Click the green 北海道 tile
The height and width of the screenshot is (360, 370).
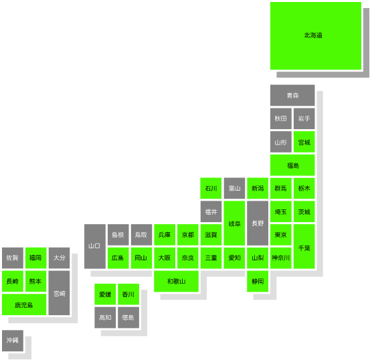coord(316,36)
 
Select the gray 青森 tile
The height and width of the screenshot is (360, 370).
coord(292,96)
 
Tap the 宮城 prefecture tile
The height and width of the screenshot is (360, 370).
coord(304,142)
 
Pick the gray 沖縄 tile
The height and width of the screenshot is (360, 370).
coord(13,341)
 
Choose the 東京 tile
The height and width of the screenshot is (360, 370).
coord(281,235)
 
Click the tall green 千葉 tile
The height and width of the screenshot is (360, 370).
coord(304,246)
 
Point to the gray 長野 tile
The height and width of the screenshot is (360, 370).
coord(258,223)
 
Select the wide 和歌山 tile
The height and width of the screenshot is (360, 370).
coord(176,281)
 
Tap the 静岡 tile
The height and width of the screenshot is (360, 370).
coord(258,281)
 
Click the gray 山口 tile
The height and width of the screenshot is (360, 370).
coord(95,246)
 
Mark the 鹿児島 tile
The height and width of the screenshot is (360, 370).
coord(24,304)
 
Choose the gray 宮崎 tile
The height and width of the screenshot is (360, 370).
coord(60,293)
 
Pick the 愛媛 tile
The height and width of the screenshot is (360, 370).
coord(105,294)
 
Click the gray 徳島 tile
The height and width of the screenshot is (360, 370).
coord(128,317)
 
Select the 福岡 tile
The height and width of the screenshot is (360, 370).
coord(36,258)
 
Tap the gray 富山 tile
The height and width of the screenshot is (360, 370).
coord(234,188)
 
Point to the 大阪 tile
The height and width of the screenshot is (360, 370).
coord(165,258)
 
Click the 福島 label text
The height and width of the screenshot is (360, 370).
coord(293,165)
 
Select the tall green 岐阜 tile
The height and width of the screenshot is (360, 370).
coord(234,223)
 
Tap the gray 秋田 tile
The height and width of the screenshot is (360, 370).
coord(281,118)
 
